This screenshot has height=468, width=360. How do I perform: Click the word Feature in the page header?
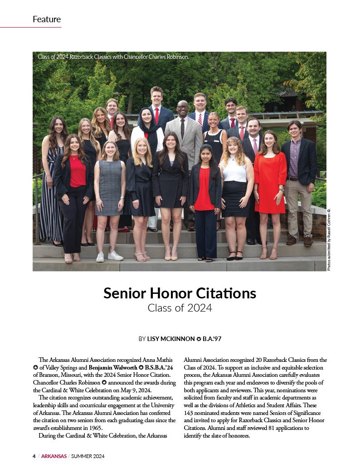point(47,19)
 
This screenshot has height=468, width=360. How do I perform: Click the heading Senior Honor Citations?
point(180,293)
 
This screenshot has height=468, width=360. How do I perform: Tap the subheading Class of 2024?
point(180,308)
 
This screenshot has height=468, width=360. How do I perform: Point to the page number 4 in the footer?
point(34,456)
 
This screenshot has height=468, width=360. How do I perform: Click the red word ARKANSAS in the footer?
point(54,456)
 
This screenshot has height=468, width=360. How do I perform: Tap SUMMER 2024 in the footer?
point(88,456)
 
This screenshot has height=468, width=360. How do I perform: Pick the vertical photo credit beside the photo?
point(329,240)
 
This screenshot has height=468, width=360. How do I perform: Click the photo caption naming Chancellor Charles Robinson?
point(113,57)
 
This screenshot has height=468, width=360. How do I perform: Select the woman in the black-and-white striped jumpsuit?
point(52,195)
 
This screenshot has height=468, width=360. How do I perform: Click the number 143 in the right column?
point(190,413)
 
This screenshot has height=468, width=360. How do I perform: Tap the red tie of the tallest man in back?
point(157,116)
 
